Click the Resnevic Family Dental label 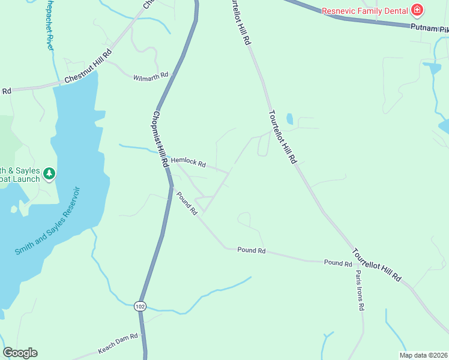(x=364, y=11)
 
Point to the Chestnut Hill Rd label (x=88, y=67)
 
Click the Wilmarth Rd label (x=151, y=78)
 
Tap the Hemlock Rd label (x=188, y=163)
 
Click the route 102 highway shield (x=140, y=306)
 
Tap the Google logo (x=20, y=353)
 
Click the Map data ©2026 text (x=423, y=355)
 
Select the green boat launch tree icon (x=49, y=174)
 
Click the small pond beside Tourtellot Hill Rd (x=289, y=119)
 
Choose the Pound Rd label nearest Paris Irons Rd (x=338, y=263)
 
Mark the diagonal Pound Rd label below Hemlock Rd (x=187, y=203)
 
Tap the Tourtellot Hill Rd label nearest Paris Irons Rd (x=377, y=265)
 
